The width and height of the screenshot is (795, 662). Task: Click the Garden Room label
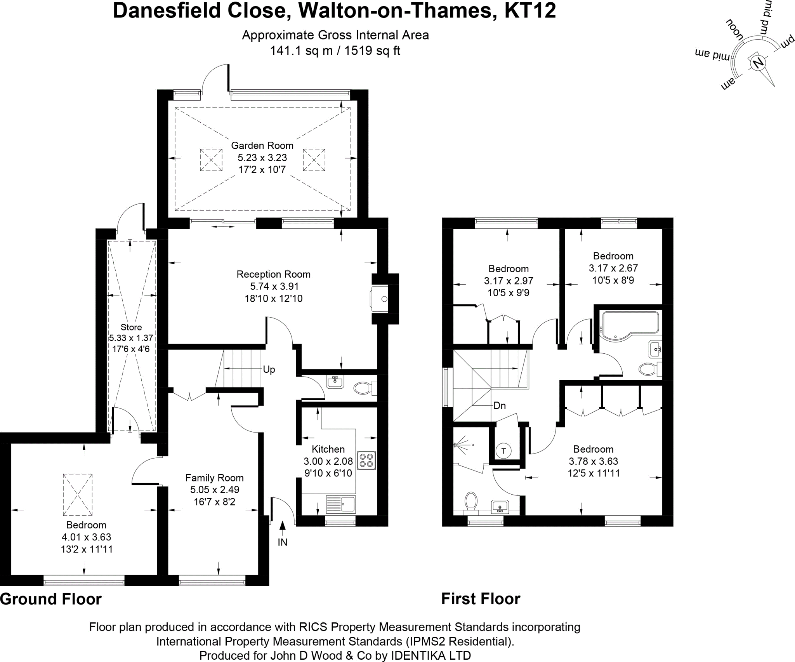(262, 146)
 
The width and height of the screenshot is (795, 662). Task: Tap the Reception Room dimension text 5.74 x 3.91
(273, 287)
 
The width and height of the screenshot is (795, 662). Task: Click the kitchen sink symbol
(341, 504)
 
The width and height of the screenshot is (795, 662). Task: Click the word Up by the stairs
(269, 370)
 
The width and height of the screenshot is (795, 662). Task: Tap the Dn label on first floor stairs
(500, 406)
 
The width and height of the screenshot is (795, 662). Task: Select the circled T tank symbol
(503, 451)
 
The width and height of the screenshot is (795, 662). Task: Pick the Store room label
(131, 327)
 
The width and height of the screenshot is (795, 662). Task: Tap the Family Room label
(214, 478)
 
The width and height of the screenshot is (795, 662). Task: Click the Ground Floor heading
(51, 599)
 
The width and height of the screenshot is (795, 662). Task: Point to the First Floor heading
(481, 599)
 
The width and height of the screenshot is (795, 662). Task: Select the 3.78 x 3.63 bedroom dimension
(593, 461)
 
